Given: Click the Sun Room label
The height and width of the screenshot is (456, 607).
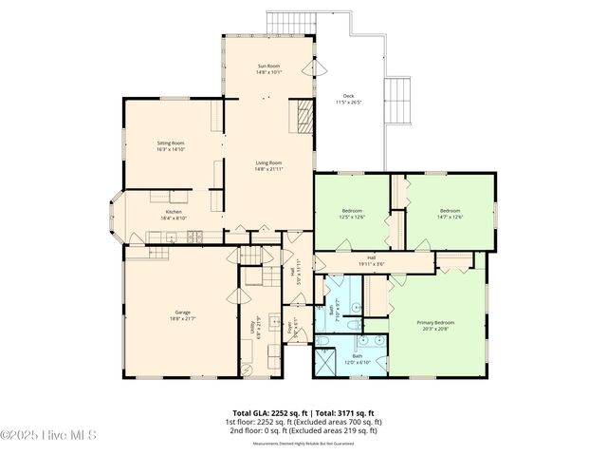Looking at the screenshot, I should [x=269, y=66].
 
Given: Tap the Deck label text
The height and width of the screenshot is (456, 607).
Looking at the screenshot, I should [x=349, y=95].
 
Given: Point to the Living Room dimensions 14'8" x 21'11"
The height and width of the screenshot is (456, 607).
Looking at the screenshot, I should [x=269, y=169].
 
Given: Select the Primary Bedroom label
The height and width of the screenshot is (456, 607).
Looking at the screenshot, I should [x=437, y=322].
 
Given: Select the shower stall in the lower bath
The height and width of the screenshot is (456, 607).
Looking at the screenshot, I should [x=328, y=362].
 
